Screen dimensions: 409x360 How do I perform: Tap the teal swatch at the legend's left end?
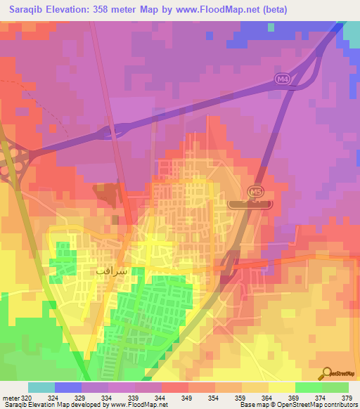41,387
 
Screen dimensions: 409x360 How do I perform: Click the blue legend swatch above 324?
68,387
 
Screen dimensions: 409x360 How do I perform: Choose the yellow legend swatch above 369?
282,387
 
